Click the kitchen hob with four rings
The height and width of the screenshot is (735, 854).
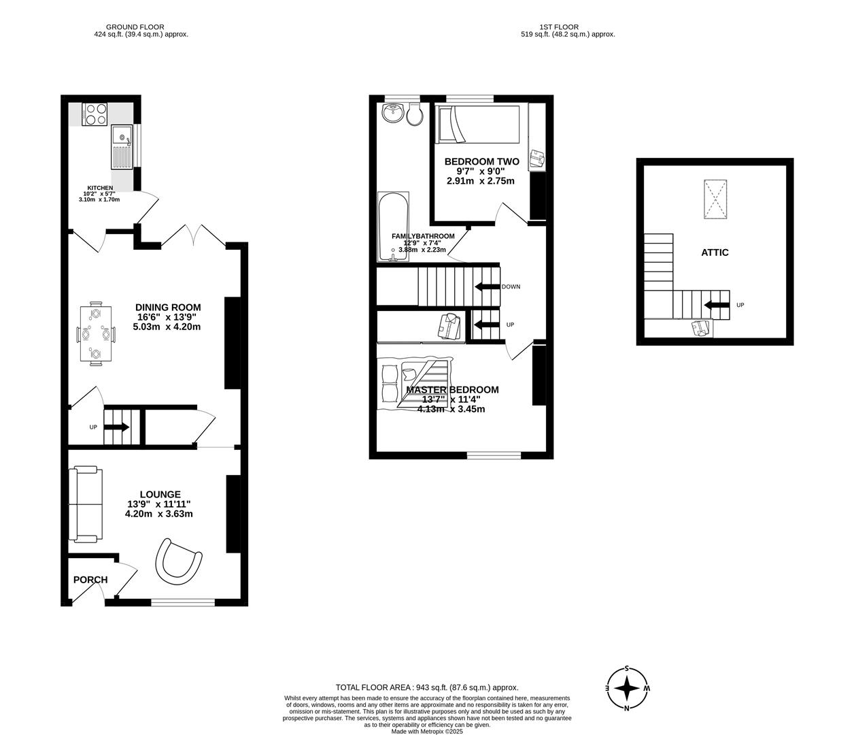tap(95, 114)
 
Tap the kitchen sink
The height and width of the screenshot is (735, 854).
tap(122, 147)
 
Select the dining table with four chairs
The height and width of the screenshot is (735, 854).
tap(96, 333)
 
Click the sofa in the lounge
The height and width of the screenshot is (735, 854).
tap(86, 504)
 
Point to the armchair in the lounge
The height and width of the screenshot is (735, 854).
tap(179, 559)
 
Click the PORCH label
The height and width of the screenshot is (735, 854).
tap(90, 580)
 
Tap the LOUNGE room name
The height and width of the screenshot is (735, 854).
tap(160, 494)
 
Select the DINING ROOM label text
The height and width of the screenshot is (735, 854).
tap(168, 308)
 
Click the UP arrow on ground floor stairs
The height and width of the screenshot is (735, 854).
tap(116, 427)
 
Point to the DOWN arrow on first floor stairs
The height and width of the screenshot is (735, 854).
tap(487, 287)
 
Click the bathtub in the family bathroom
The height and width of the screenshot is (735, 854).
tap(393, 226)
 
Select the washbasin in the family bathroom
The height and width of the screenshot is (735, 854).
tap(393, 114)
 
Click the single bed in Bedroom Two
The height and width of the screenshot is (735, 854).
tap(480, 124)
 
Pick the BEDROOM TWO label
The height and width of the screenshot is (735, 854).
tap(481, 161)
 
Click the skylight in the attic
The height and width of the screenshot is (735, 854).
tap(715, 199)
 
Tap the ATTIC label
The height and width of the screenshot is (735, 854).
tap(715, 252)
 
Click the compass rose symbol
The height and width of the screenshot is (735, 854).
tap(626, 689)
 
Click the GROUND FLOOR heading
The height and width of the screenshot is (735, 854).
tap(141, 27)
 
